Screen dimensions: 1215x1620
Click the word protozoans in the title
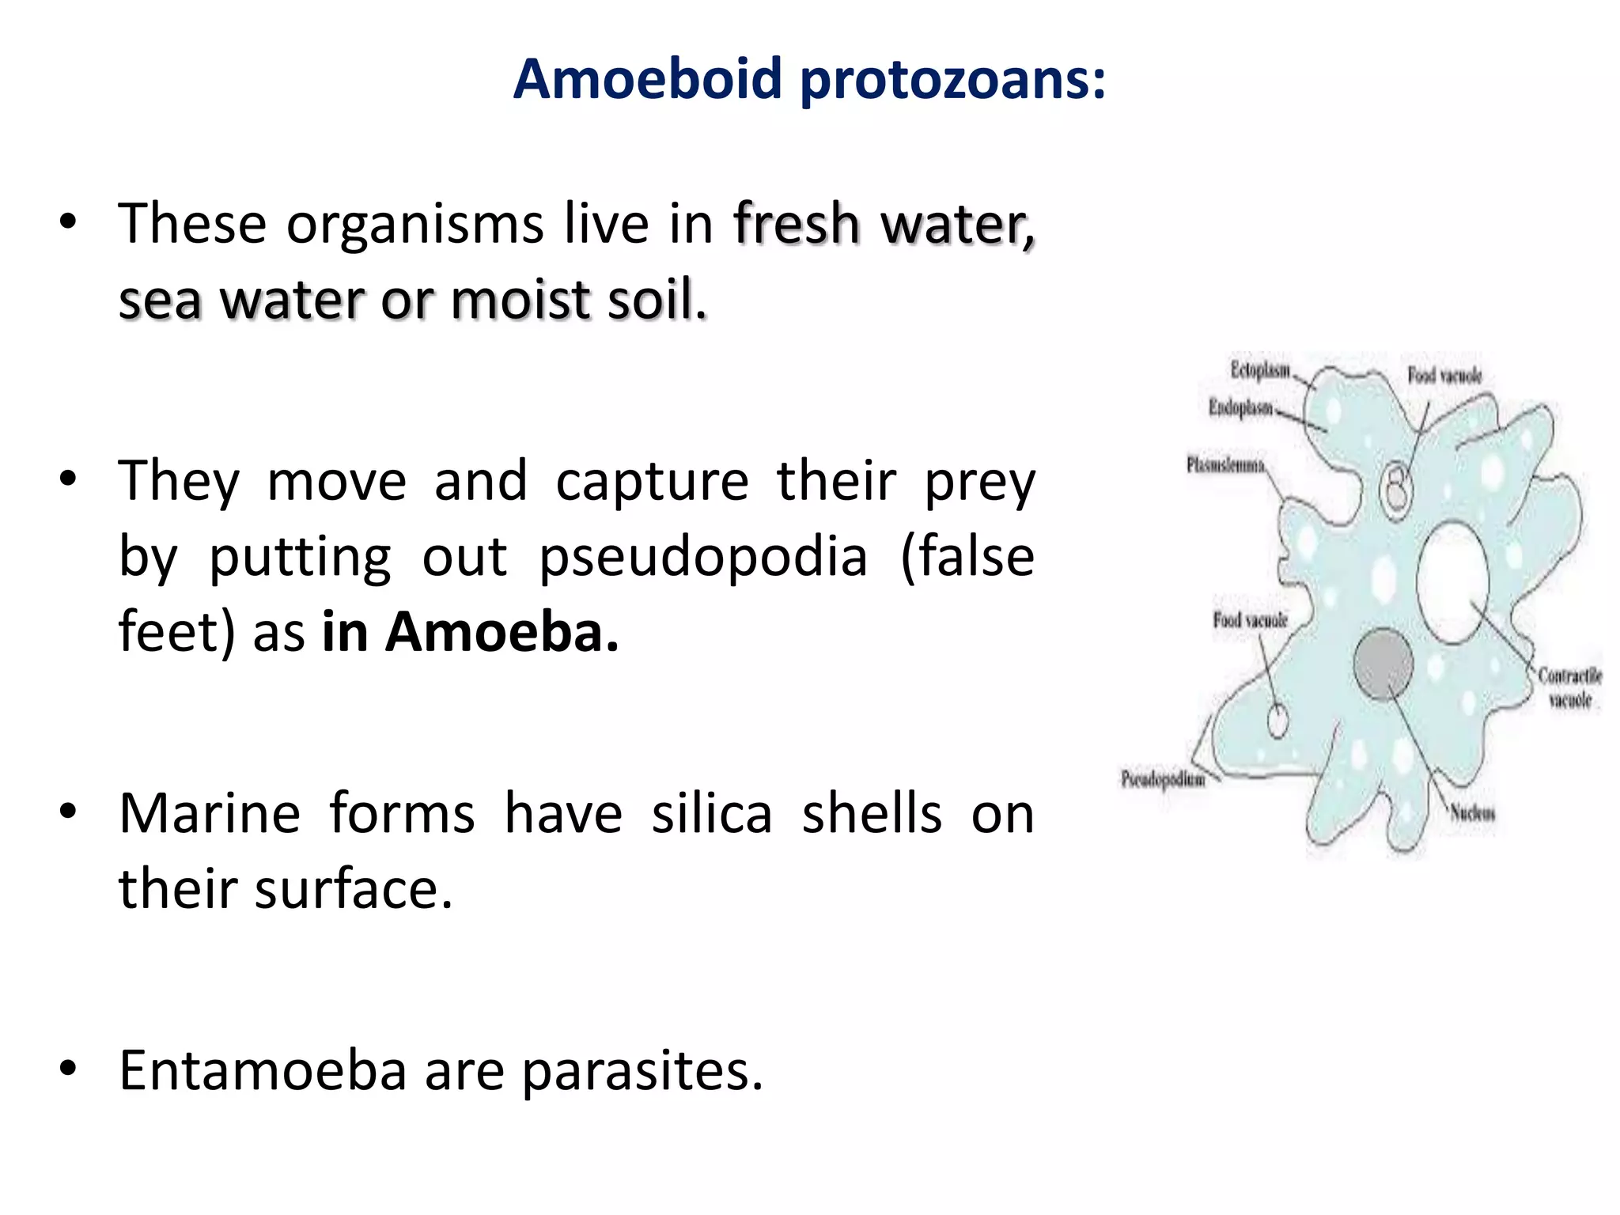[x=952, y=81]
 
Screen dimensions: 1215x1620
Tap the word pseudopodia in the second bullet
[x=703, y=558]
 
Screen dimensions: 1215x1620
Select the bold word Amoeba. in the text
[x=502, y=633]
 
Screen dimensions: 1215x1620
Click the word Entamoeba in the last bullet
[x=263, y=1070]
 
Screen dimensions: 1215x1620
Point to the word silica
[x=711, y=814]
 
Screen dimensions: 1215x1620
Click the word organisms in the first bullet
[x=414, y=225]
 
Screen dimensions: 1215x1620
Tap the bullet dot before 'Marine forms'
[x=69, y=812]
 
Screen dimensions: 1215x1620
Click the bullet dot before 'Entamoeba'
[x=69, y=1069]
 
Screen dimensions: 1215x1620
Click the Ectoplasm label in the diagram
[x=1260, y=370]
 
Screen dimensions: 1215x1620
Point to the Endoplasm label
[x=1240, y=408]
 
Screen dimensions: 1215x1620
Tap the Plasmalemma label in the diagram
[x=1225, y=465]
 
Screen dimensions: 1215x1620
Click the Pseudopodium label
[x=1164, y=780]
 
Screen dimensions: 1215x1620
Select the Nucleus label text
[x=1472, y=812]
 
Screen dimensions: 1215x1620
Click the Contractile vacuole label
[x=1570, y=687]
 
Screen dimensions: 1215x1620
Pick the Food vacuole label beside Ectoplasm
[x=1444, y=375]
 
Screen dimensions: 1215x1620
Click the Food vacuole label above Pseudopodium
[x=1251, y=620]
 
